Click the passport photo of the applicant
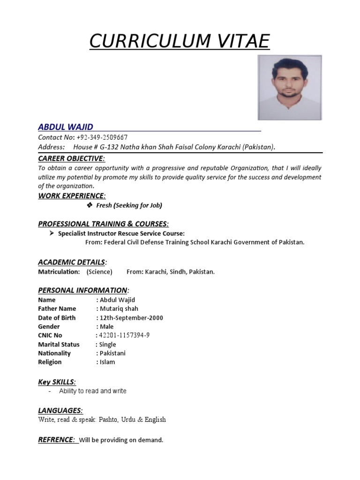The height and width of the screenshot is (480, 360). pos(289,88)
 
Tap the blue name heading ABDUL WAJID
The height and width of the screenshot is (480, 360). pos(66,127)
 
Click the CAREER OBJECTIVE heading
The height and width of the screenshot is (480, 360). pos(71,158)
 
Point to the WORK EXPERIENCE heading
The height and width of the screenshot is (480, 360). pos(71,195)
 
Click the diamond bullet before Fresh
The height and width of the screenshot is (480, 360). pos(90,205)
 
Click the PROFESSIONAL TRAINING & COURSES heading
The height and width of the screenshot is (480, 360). pos(103,224)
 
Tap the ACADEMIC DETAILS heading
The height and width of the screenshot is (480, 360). pos(71,262)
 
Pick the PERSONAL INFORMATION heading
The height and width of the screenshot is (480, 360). pos(82,290)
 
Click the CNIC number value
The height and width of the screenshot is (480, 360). pos(124,336)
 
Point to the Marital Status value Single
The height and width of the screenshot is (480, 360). pos(107,345)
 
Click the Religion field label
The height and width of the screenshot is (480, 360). pos(50,362)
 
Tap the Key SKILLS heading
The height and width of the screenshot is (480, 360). pos(57,382)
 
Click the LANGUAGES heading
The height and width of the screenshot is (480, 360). pos(60,411)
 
